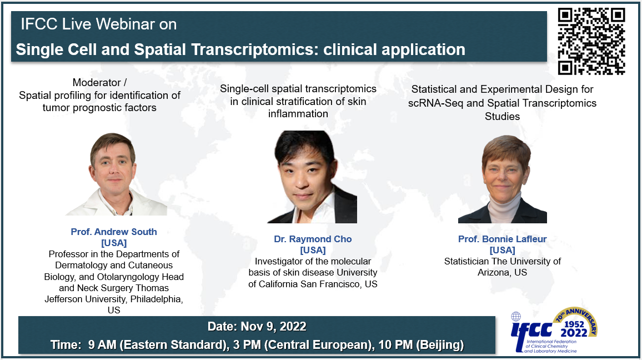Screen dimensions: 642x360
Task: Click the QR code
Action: (591, 41)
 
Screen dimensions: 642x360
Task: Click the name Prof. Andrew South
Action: (114, 232)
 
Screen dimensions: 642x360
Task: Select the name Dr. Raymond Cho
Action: (313, 239)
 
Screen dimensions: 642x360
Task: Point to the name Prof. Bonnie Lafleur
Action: (503, 239)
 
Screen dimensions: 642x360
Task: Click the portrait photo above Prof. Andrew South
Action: (116, 174)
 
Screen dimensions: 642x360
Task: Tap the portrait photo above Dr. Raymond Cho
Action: (312, 177)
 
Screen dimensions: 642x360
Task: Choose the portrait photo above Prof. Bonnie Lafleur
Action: (503, 179)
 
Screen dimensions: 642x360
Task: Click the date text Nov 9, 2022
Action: (273, 327)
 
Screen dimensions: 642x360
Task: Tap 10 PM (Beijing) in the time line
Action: (421, 345)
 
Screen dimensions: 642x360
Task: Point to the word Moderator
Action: (97, 83)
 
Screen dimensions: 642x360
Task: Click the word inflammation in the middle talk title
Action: (298, 114)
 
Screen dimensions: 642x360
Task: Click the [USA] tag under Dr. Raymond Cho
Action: (313, 250)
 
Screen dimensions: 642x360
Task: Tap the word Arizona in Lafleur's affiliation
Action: (495, 272)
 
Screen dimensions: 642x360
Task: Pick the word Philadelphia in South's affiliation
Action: (157, 299)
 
